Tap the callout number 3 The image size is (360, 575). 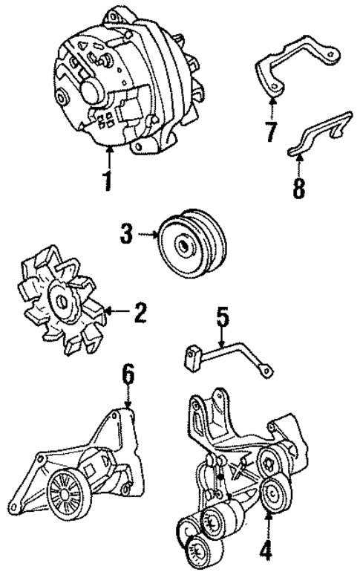(x=126, y=236)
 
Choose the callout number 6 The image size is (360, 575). (x=128, y=377)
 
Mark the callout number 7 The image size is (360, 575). (x=271, y=131)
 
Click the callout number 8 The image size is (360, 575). (x=298, y=187)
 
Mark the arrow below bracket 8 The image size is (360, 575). (x=298, y=165)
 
